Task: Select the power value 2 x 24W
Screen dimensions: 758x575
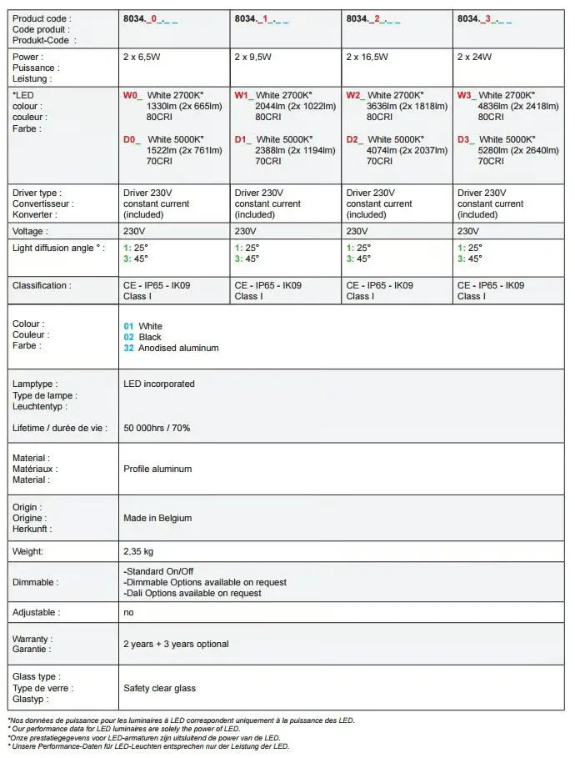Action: click(474, 58)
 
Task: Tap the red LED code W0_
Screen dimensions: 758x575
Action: click(132, 96)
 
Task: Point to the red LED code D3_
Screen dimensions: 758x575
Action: click(465, 139)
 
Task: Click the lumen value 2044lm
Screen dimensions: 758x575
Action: click(271, 107)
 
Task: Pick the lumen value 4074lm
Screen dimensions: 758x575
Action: click(382, 151)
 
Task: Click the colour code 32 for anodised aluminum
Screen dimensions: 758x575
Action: click(128, 348)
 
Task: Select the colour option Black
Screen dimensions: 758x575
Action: click(150, 337)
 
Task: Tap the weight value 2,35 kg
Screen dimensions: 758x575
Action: click(138, 551)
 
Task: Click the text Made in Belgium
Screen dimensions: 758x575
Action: click(157, 518)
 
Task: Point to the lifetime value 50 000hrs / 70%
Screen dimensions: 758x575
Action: click(157, 428)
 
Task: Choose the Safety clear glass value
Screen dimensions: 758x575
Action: click(160, 688)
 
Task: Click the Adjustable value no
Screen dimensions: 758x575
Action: click(128, 612)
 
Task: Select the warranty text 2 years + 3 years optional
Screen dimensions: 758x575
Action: click(176, 644)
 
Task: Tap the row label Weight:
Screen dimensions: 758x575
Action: click(27, 551)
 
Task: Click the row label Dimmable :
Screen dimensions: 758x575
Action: click(36, 582)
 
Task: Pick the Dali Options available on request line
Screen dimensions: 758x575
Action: click(192, 593)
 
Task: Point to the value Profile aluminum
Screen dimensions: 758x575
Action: click(157, 469)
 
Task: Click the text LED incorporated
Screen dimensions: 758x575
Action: click(159, 384)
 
